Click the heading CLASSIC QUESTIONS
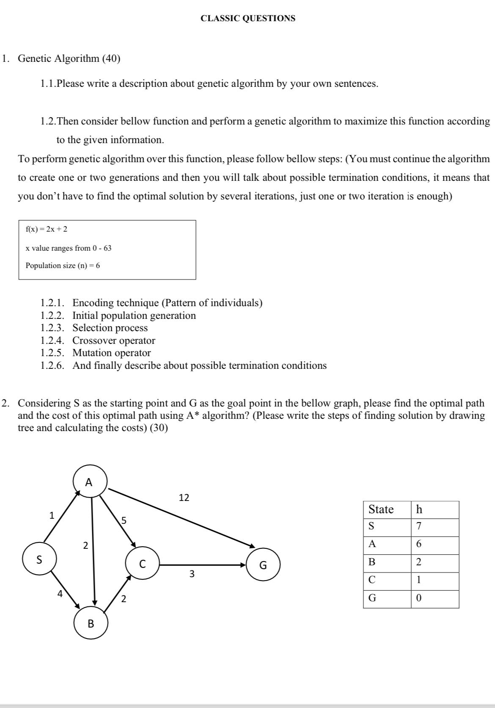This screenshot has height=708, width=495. click(x=248, y=18)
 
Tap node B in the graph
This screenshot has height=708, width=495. click(x=91, y=623)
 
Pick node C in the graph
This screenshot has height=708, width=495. click(x=142, y=564)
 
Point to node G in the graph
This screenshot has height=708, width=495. click(x=263, y=564)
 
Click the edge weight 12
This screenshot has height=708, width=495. click(x=184, y=498)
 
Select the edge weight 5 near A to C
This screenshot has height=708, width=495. click(x=124, y=520)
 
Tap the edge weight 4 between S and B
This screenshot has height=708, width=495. click(x=60, y=594)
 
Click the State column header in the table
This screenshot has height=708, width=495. click(x=381, y=509)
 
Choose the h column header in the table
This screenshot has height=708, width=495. click(x=419, y=509)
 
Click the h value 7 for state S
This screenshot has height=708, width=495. click(x=418, y=526)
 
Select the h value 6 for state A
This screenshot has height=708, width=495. click(x=418, y=544)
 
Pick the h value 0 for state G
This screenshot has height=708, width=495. click(x=418, y=598)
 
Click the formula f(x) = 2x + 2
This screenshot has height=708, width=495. click(x=47, y=229)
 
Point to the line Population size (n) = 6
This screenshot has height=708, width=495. click(x=63, y=265)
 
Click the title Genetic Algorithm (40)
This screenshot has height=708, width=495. click(x=69, y=58)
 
